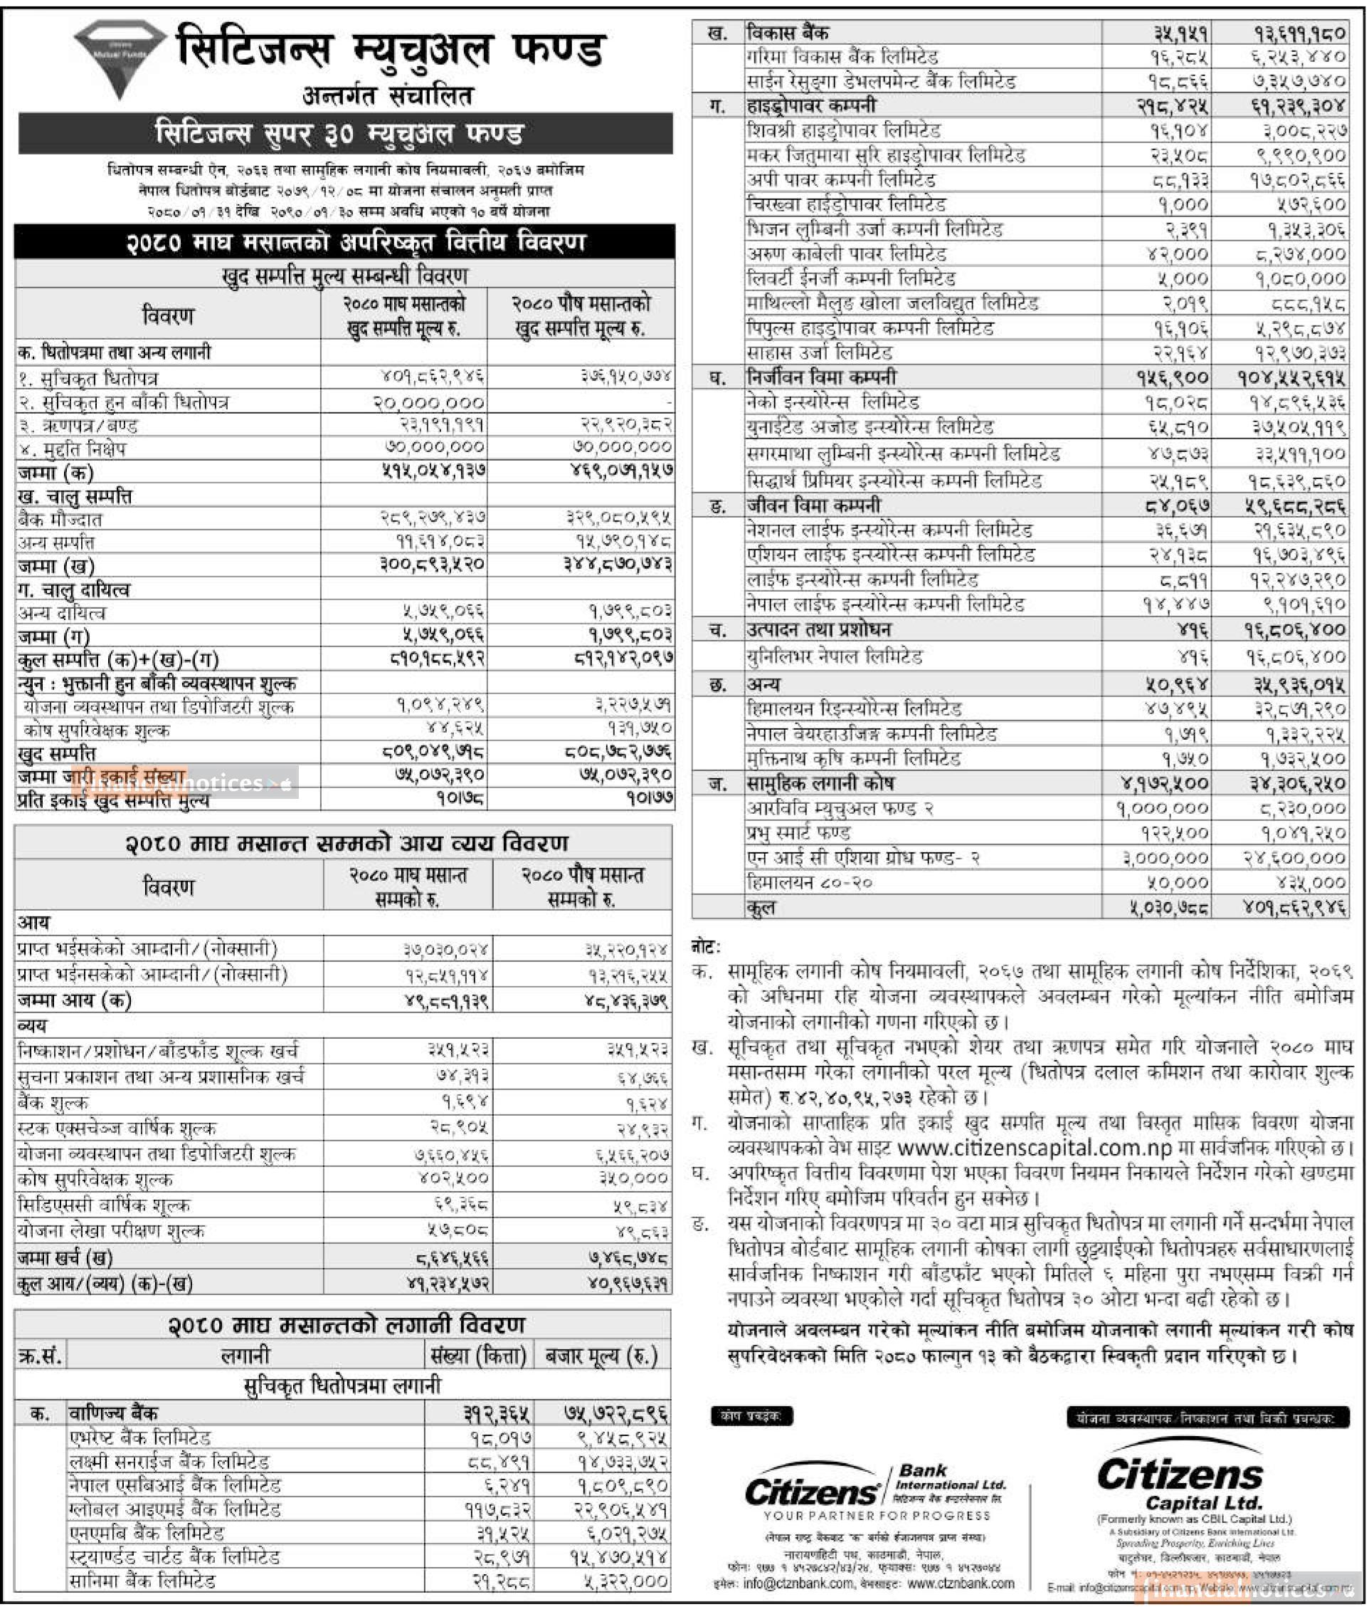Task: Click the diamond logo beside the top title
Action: click(x=120, y=59)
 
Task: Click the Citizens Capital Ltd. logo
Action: click(x=1180, y=1481)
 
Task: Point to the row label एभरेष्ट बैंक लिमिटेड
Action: click(x=139, y=1438)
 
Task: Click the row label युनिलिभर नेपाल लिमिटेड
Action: click(x=835, y=657)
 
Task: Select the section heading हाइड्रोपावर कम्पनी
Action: click(x=811, y=105)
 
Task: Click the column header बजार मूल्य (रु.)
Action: click(x=601, y=1356)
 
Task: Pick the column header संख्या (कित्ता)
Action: click(x=480, y=1356)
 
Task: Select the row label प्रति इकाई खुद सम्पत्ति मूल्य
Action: click(x=112, y=800)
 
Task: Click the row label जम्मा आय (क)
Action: click(x=74, y=1000)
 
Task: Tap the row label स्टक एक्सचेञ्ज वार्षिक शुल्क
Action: click(x=117, y=1127)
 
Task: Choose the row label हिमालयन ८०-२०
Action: click(x=801, y=882)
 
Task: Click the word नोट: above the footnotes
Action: click(x=705, y=946)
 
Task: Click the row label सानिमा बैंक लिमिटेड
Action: click(x=142, y=1580)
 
